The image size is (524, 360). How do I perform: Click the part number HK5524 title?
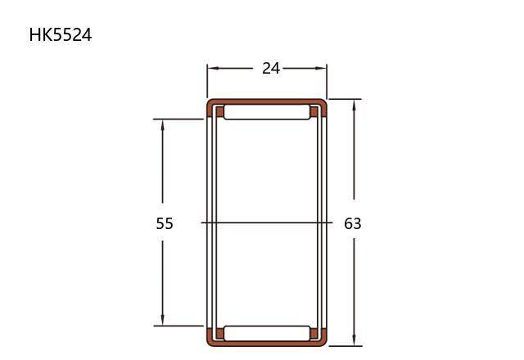pos(61,34)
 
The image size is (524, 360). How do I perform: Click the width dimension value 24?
pos(271,68)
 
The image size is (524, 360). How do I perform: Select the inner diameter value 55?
pos(165,223)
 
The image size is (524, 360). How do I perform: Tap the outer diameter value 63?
pos(353,223)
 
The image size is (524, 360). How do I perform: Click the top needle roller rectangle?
pos(267,112)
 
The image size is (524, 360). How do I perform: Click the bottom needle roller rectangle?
pos(267,333)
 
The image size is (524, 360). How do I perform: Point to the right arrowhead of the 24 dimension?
pos(321,68)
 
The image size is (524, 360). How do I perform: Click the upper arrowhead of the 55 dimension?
pos(162,124)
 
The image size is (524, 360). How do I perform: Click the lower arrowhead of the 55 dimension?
pos(162,320)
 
